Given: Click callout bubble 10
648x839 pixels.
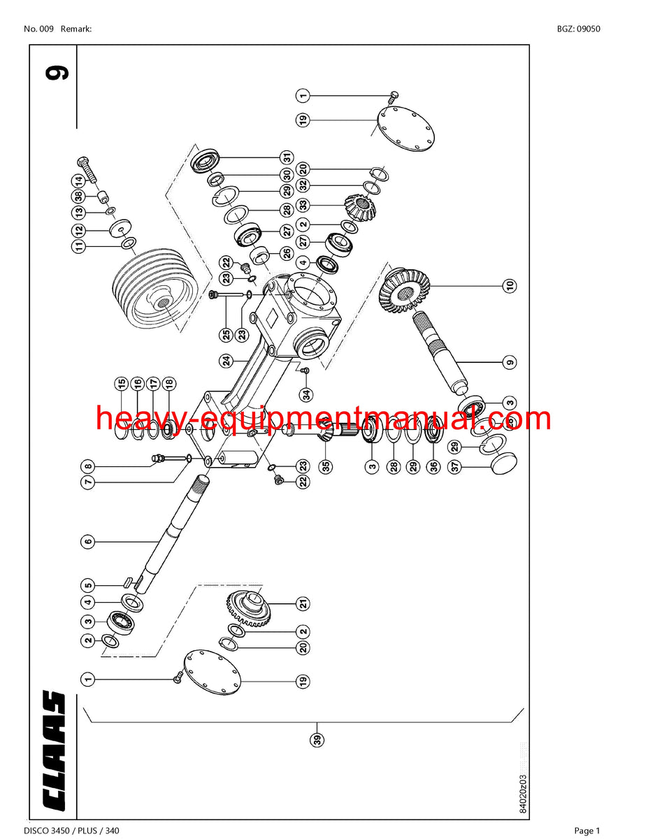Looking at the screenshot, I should click(510, 285).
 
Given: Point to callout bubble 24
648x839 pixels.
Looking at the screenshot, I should click(226, 361).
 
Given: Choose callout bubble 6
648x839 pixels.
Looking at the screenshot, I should click(87, 540).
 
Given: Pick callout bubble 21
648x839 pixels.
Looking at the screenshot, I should click(303, 603).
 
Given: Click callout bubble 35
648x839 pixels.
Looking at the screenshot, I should click(326, 466).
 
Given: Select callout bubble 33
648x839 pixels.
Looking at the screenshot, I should click(303, 205).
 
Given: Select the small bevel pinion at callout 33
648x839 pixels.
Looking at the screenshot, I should click(360, 205).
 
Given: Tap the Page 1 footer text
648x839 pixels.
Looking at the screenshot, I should click(587, 831).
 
